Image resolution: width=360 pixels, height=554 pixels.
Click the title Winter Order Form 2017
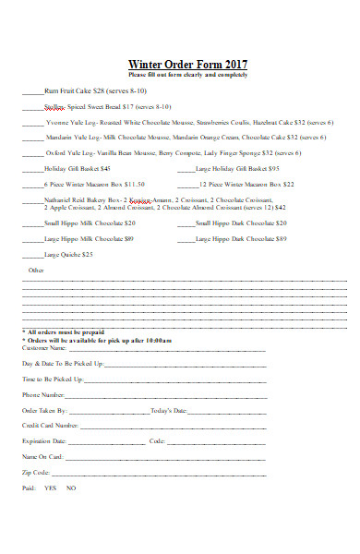coord(187,64)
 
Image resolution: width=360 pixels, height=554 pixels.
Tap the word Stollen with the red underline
coord(54,107)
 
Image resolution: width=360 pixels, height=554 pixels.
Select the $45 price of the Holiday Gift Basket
coord(105,169)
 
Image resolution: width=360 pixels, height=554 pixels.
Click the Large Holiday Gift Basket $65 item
coord(238,169)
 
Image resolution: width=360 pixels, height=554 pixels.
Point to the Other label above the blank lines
coord(36,271)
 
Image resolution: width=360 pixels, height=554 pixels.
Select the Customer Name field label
coord(43,348)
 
